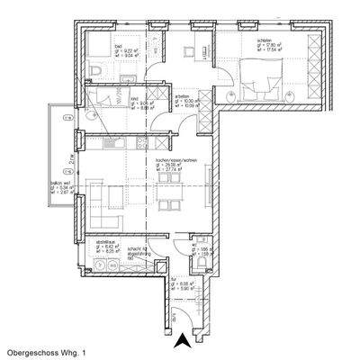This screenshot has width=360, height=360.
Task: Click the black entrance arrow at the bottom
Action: click(x=180, y=338)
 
